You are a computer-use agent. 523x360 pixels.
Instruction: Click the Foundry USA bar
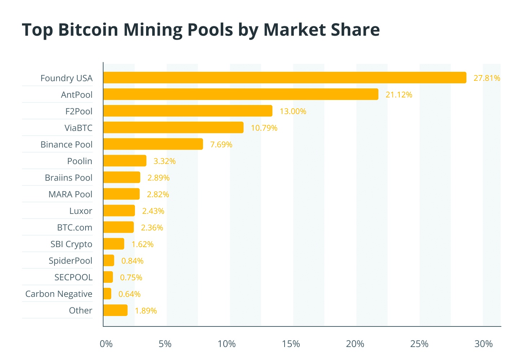[285, 78]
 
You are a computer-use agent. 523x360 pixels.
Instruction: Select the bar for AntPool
[241, 94]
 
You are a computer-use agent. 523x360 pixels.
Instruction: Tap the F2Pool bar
[188, 111]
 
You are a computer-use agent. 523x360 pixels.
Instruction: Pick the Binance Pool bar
[153, 144]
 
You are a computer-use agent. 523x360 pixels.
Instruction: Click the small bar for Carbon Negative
[107, 294]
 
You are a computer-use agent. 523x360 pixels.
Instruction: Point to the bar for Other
[115, 310]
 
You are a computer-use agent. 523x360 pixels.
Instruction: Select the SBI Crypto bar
[114, 244]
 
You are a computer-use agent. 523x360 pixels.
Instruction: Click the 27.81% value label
[487, 78]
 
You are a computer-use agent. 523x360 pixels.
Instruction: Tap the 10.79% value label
[264, 128]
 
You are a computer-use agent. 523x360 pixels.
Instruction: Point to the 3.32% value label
[164, 161]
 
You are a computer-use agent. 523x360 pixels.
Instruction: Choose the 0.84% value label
[132, 260]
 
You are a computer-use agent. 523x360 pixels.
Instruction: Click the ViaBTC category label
[78, 128]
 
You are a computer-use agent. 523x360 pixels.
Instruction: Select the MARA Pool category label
[70, 194]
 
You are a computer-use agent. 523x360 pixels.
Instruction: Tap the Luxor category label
[80, 211]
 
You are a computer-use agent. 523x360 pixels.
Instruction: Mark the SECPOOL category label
[73, 277]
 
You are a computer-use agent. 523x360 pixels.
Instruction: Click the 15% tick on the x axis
[291, 344]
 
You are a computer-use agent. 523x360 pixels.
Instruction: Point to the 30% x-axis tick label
[483, 344]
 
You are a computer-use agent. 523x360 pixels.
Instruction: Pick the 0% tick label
[106, 344]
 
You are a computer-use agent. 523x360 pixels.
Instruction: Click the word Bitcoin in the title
[89, 30]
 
